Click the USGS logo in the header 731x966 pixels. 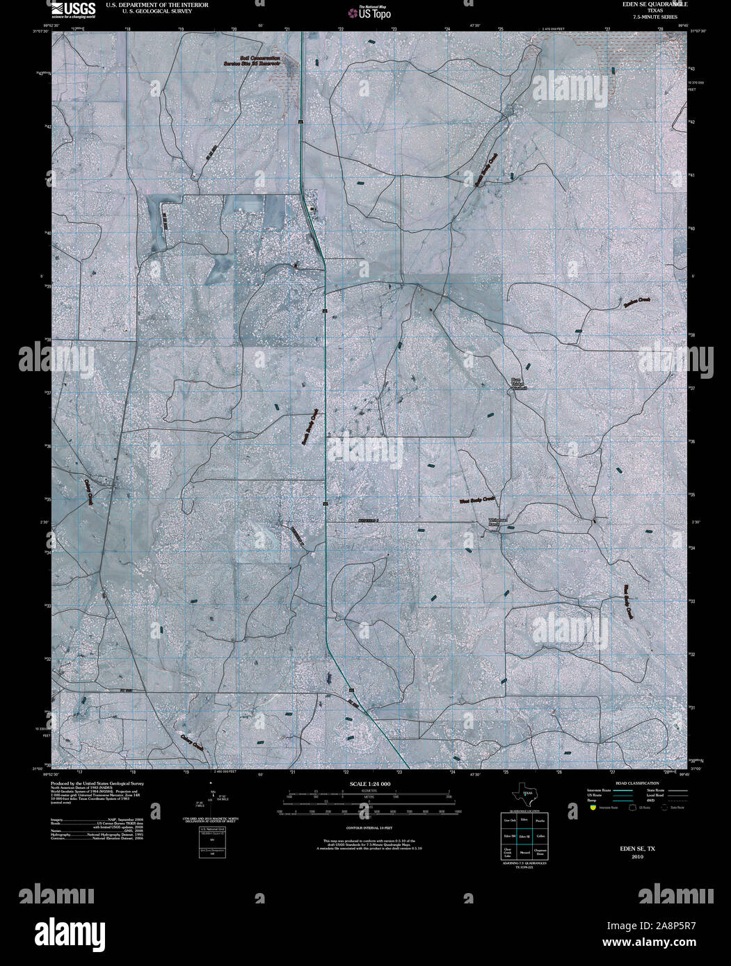tap(73, 9)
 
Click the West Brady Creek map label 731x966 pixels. tap(476, 499)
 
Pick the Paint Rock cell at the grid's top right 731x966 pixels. tap(540, 821)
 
